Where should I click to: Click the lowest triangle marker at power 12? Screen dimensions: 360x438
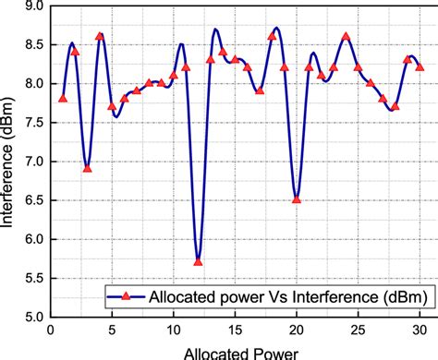[x=198, y=261]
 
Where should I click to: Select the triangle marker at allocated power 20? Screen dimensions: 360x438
[x=297, y=198]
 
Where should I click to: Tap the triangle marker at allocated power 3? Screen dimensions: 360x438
[x=87, y=168]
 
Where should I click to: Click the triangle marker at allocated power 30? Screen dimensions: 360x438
[x=420, y=66]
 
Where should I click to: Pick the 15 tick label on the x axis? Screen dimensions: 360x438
[x=235, y=330]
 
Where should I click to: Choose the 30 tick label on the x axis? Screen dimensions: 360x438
[x=420, y=330]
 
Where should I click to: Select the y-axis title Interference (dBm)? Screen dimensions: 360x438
[x=9, y=162]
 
